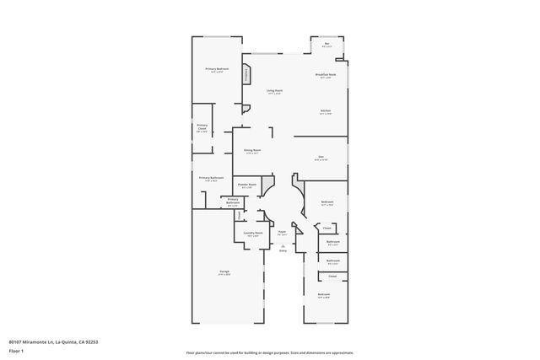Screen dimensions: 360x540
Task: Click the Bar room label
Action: click(327, 45)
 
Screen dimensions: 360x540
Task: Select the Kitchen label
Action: click(325, 111)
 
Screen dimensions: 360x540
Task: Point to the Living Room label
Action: click(275, 91)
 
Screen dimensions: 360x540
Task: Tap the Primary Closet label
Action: click(202, 128)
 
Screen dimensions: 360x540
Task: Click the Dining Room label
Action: click(252, 152)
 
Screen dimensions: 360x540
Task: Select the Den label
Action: click(321, 157)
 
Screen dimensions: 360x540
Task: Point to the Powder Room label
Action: click(246, 185)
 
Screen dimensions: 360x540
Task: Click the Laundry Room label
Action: click(253, 234)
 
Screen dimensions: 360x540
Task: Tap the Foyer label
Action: click(283, 232)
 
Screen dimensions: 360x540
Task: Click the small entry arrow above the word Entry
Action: click(283, 246)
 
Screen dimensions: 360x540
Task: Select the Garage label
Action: click(224, 272)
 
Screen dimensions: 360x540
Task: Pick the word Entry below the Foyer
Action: click(283, 251)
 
